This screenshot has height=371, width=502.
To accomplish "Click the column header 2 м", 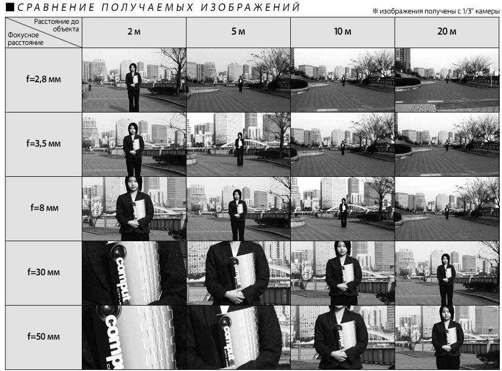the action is tap(134, 32).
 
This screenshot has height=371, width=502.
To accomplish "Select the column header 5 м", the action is tap(238, 32).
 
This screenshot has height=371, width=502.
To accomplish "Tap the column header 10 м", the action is tap(343, 32).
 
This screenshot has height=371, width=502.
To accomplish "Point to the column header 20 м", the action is tap(447, 32).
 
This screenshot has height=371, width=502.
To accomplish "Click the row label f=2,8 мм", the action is tap(43, 79).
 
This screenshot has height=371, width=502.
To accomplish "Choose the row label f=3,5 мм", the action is tap(43, 144).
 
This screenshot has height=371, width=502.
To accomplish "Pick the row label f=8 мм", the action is tap(44, 208).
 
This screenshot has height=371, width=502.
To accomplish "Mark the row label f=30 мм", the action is tap(43, 272).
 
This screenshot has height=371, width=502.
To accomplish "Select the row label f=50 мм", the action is tap(43, 336).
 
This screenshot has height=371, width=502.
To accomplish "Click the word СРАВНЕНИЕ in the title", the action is tap(56, 7).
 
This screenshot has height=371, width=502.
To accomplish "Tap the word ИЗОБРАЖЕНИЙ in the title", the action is tap(250, 7).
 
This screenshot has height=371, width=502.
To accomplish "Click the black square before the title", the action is tap(10, 7).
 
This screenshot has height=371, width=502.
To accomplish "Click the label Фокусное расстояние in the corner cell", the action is tap(25, 39).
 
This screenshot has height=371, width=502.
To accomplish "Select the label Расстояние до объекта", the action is tap(57, 25).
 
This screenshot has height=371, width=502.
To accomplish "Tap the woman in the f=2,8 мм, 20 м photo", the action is tap(447, 78).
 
